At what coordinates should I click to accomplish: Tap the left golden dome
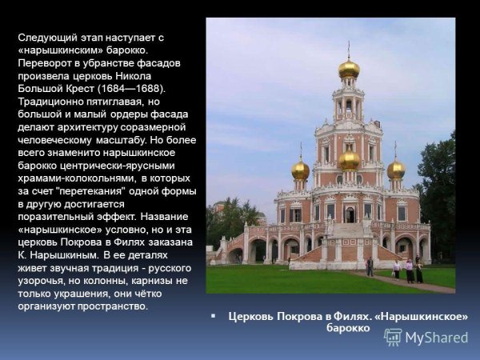pos(300,170)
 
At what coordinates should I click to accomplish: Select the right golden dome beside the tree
pos(396,170)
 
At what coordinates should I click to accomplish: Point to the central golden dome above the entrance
pos(349,160)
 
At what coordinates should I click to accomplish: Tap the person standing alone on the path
pos(370,266)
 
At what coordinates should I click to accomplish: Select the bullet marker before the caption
pos(214,316)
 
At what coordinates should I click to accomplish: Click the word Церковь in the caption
pos(252,316)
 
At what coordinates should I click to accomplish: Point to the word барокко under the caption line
pos(348,328)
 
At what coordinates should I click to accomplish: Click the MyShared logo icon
pos(393,337)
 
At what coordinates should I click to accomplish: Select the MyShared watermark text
pos(436,338)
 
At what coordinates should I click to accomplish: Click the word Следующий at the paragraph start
pos(45,37)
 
